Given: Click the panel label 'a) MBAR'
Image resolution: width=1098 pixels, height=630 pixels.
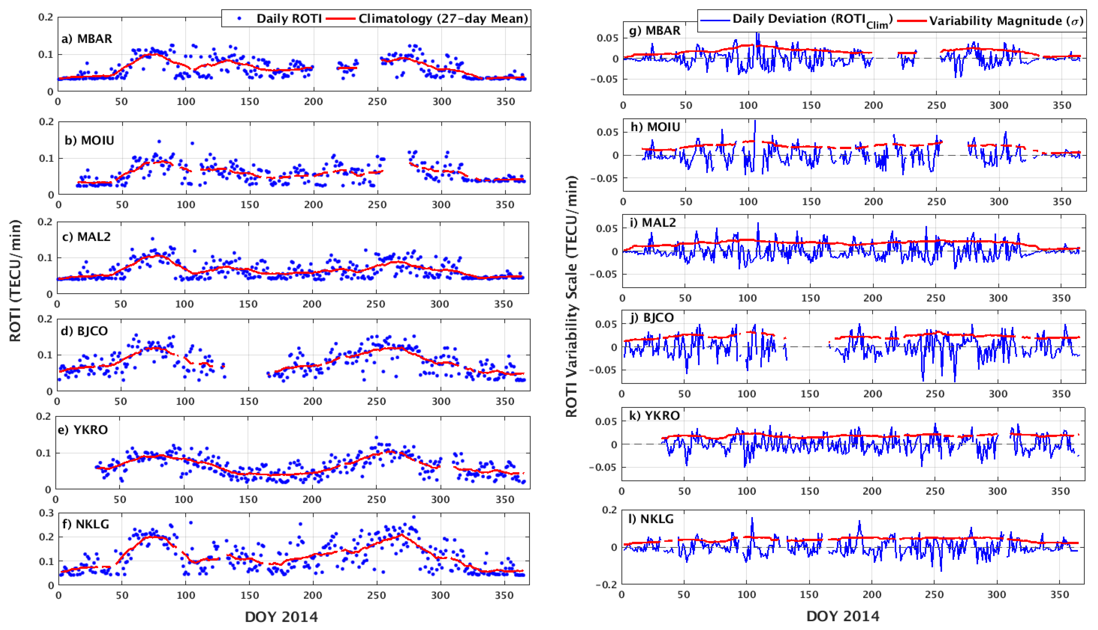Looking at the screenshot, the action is click(x=87, y=39).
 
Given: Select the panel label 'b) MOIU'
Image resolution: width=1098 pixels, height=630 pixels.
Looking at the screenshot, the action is click(x=89, y=140).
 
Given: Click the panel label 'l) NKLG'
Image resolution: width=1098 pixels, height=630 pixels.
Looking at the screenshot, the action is click(x=651, y=519).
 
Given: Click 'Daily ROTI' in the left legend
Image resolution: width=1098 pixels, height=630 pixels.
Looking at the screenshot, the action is click(x=289, y=19).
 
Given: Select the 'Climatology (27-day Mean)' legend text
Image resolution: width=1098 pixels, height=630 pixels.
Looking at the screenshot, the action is click(x=443, y=19).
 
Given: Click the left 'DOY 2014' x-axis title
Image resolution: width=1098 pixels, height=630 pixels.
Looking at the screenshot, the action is click(x=282, y=616).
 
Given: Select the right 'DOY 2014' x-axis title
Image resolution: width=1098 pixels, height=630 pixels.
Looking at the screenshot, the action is click(x=843, y=616).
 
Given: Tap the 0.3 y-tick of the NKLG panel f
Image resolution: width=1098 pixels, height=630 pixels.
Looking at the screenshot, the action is click(x=46, y=513).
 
